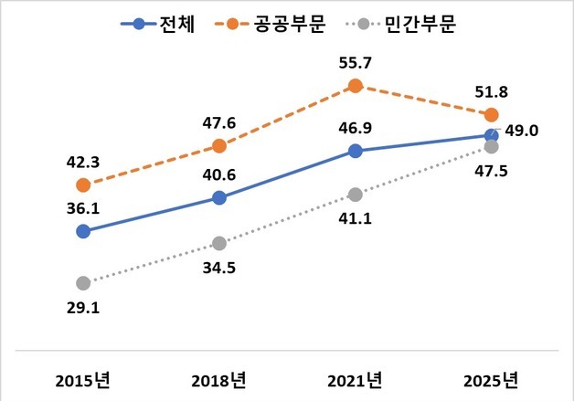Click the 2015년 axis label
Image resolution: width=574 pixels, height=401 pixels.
(83, 379)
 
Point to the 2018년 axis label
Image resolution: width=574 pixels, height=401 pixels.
(219, 379)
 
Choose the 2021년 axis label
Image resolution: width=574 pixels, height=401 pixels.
(355, 379)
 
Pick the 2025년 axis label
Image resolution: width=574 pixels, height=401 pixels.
(490, 379)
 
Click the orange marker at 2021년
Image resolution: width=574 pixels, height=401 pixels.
(356, 86)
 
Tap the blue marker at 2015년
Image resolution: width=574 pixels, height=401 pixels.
(83, 231)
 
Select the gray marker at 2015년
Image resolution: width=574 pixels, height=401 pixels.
(83, 283)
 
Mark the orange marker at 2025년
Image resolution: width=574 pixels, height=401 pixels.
(491, 114)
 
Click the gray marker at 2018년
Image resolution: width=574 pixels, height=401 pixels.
(219, 243)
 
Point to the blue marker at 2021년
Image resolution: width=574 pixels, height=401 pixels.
(356, 151)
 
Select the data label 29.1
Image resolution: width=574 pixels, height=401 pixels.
(83, 309)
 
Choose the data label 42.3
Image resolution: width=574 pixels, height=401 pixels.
(83, 164)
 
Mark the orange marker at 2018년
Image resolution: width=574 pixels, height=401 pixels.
(219, 145)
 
